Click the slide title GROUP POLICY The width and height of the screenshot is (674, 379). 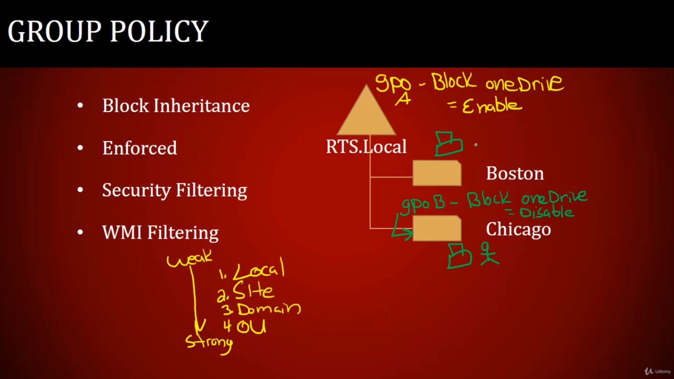(108, 31)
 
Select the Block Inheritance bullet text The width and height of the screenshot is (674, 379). (176, 106)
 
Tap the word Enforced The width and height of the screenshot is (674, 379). (139, 148)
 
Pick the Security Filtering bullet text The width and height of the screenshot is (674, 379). (174, 191)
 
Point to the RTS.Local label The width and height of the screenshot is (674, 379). (366, 146)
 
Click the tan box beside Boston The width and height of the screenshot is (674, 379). (437, 173)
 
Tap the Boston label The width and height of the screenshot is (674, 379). (515, 173)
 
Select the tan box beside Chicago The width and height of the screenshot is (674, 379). (437, 228)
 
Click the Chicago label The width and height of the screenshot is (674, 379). (518, 230)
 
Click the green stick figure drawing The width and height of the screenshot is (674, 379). (489, 253)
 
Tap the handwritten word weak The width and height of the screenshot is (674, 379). (190, 259)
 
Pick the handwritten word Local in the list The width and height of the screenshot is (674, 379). (258, 269)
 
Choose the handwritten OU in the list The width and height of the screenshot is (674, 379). (251, 326)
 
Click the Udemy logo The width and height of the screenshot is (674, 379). (657, 371)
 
